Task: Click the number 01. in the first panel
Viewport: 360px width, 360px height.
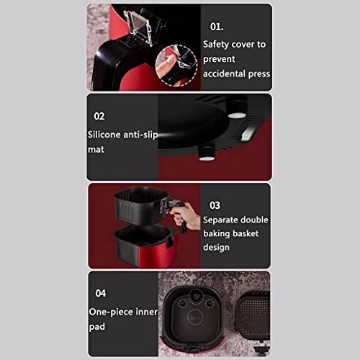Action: pos(217,27)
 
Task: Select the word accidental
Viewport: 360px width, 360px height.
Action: pos(224,73)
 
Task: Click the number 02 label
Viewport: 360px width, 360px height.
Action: pos(99,116)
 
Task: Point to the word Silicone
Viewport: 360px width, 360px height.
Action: pos(104,135)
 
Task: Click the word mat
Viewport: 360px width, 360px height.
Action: pos(96,150)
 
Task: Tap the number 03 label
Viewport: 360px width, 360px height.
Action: pos(215,205)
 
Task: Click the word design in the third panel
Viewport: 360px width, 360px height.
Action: pos(216,248)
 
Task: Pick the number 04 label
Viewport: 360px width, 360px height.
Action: pos(101,293)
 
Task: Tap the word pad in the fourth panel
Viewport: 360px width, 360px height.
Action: pos(96,327)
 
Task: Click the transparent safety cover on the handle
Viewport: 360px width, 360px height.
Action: pos(138,27)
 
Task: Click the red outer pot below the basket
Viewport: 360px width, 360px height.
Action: pos(146,246)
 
